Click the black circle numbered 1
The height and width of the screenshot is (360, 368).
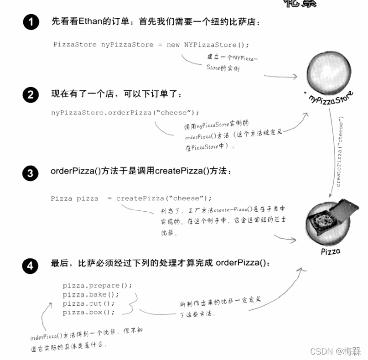31,22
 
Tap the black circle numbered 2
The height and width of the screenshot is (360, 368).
31,95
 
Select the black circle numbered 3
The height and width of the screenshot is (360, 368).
31,173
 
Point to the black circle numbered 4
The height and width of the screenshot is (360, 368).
31,265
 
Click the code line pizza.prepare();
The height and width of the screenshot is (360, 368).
97,286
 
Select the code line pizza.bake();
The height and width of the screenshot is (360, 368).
91,295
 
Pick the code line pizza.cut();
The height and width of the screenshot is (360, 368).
89,303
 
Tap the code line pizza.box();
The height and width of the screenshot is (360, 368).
89,312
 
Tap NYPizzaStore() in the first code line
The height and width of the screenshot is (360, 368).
217,45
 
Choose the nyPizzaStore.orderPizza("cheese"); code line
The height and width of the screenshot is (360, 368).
125,112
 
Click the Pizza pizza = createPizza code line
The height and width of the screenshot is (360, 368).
131,198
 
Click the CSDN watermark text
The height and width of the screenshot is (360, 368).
335,351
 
